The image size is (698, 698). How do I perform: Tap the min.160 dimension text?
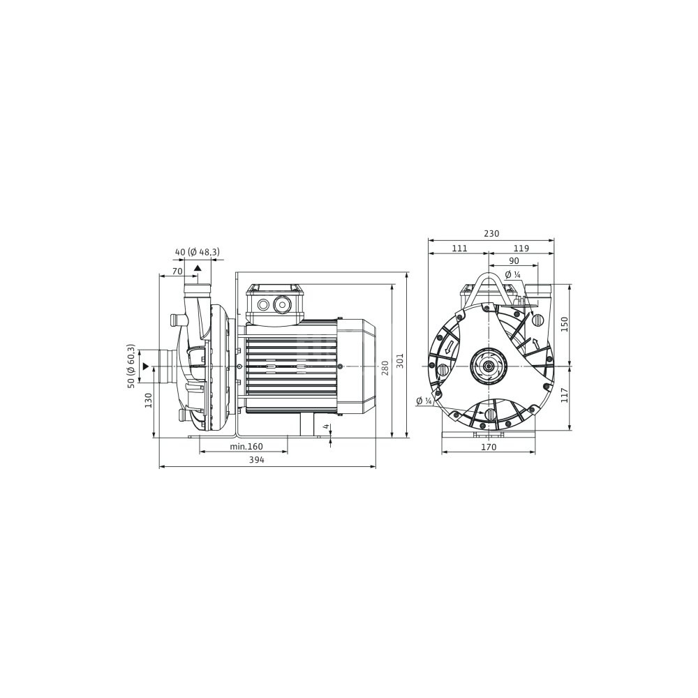point(246,446)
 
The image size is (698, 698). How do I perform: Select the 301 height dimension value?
point(399,361)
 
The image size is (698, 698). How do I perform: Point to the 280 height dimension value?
point(385,368)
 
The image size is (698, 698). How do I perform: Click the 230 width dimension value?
point(491,233)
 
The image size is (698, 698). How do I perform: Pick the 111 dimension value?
point(459,248)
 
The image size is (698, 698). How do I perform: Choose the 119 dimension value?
point(521,248)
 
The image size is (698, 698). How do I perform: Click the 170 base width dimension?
point(489,447)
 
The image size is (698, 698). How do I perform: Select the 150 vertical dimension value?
point(564,325)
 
